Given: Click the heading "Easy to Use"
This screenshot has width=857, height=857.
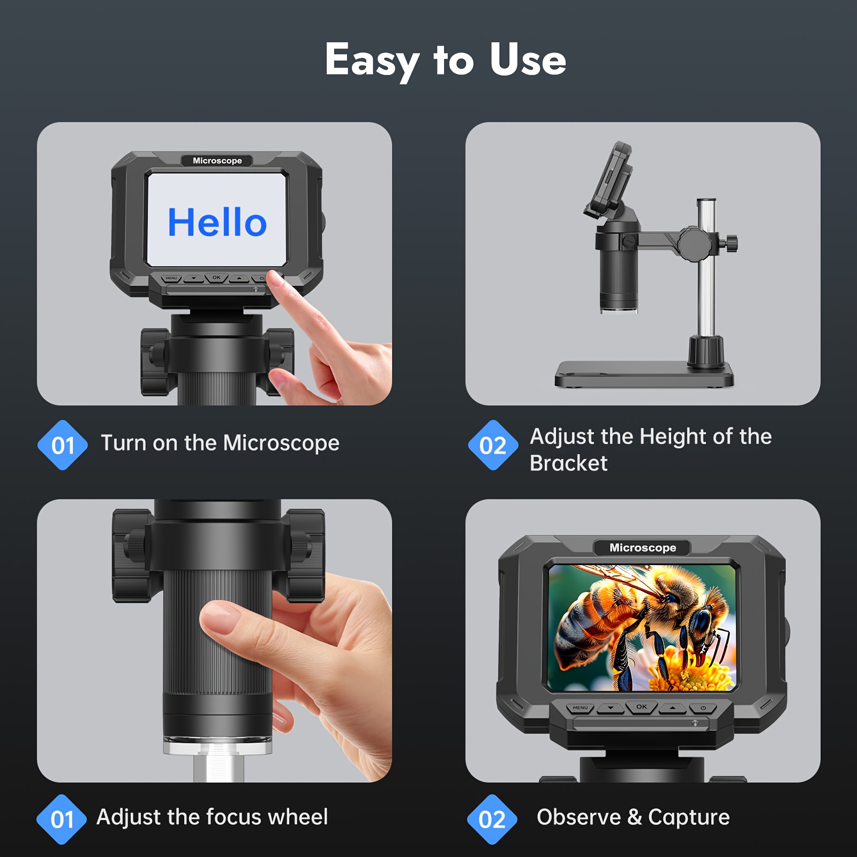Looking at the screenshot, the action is click(446, 60).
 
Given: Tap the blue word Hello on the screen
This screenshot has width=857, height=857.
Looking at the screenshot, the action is click(217, 222).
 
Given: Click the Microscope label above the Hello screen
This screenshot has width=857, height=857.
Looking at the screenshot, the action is click(217, 161).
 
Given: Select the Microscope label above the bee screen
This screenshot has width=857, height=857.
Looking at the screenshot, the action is click(643, 547).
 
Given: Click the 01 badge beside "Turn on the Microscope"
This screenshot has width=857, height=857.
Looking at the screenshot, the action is click(63, 445).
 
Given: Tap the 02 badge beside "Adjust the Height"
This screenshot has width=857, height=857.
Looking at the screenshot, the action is click(493, 445).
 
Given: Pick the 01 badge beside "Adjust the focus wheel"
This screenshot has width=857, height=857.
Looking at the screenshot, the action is click(62, 820).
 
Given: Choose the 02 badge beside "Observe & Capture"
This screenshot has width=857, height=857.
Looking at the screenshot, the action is click(492, 820).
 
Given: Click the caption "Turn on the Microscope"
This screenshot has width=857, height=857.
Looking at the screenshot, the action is click(220, 443).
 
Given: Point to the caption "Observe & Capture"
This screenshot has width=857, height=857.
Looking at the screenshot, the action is click(633, 817).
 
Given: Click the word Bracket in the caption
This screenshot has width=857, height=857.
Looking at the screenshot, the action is click(568, 463).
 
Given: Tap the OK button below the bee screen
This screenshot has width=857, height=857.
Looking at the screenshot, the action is click(642, 708).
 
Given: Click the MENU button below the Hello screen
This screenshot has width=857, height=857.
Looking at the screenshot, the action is click(171, 279).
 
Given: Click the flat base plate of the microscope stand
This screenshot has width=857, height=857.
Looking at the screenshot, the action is click(644, 374).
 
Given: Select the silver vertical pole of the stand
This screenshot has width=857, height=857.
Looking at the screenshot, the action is click(706, 268).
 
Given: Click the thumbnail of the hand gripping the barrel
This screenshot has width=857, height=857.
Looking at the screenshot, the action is click(214, 641).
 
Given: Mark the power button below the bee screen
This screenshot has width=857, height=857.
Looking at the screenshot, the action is click(703, 708).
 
